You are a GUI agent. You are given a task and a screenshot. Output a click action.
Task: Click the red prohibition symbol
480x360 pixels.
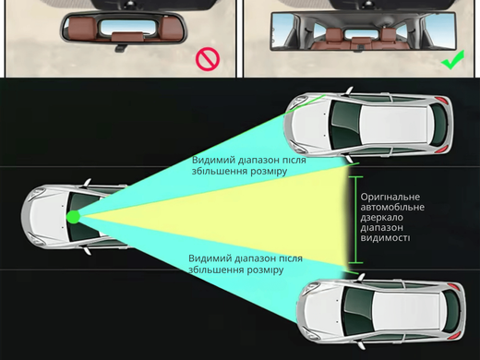click(208, 59)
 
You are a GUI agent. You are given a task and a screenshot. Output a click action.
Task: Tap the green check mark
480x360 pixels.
click(452, 61)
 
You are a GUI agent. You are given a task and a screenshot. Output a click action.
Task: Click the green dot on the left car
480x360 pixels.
click(74, 217)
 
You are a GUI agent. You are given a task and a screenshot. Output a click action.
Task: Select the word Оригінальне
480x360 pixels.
click(390, 197)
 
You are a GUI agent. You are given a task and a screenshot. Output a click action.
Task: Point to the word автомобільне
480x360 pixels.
click(392, 207)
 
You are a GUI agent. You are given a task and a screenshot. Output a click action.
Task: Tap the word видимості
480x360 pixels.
click(385, 238)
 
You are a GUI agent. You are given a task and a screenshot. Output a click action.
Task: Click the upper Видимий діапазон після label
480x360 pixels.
click(249, 161)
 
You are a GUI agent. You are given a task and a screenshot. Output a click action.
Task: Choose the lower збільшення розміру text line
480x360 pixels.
click(235, 270)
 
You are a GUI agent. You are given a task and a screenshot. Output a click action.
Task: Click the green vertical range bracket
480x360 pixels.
click(356, 220)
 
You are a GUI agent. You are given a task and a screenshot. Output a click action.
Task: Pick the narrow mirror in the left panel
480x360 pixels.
click(124, 29)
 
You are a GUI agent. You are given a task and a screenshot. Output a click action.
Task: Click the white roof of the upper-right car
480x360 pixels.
click(393, 125)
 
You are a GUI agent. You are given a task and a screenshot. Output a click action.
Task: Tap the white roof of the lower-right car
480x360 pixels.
click(407, 311)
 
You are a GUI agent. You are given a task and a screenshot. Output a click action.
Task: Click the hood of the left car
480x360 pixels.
click(46, 216)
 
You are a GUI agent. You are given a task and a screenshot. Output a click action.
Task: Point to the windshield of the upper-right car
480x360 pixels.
click(345, 124)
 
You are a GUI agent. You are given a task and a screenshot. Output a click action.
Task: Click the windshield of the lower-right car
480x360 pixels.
click(357, 311)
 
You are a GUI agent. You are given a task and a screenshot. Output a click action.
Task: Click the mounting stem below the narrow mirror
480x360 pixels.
click(120, 48)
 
